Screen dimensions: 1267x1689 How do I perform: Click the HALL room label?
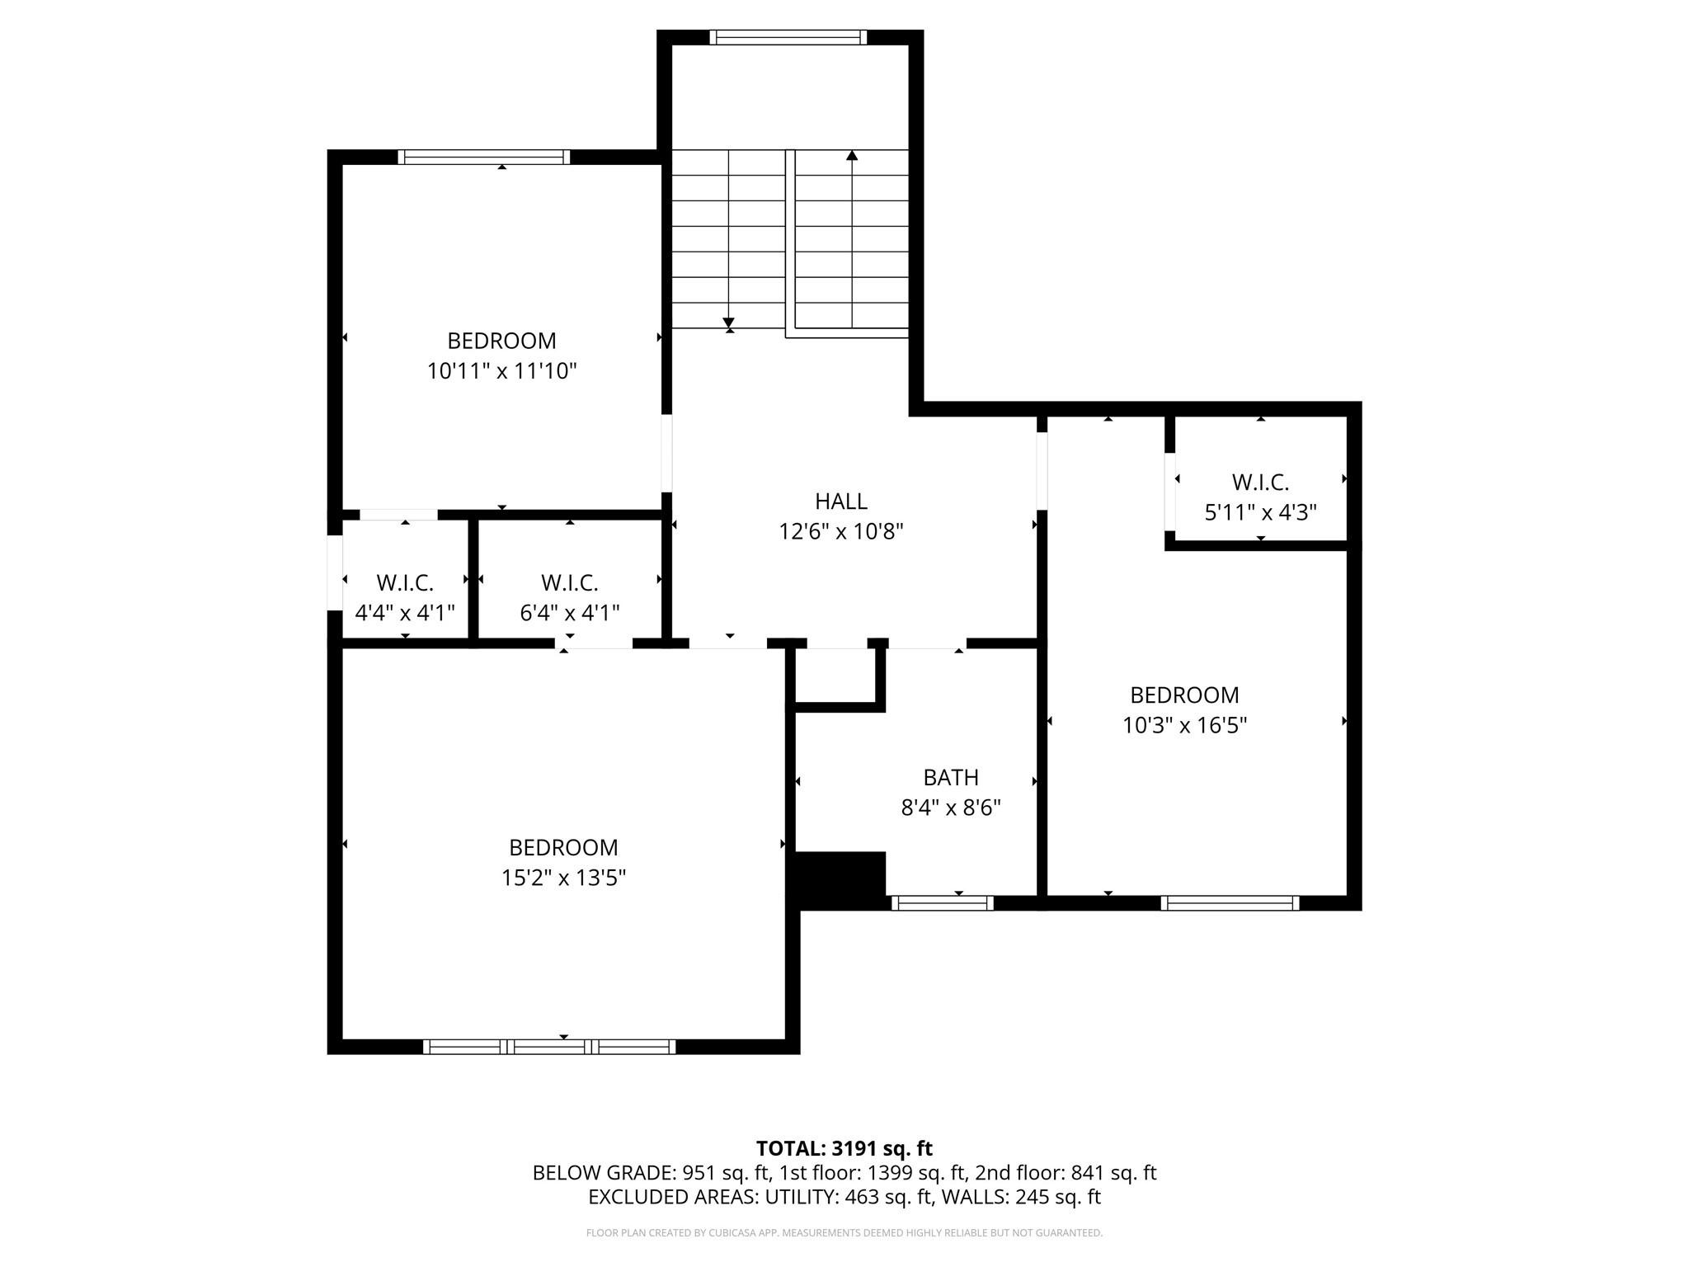click(840, 502)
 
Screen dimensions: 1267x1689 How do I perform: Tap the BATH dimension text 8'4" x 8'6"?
click(950, 808)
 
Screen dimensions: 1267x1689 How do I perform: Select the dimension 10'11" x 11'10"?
click(501, 371)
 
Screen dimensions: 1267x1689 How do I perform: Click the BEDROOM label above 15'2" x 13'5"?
click(563, 848)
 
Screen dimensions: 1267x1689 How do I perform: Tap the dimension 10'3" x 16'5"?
click(1184, 726)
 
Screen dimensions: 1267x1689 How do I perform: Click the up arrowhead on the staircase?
click(852, 156)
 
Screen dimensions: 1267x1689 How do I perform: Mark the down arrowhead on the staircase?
click(728, 323)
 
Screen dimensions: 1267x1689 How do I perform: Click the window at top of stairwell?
click(788, 37)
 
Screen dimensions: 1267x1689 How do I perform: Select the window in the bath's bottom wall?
click(943, 903)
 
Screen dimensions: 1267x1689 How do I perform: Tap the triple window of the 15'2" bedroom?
click(549, 1047)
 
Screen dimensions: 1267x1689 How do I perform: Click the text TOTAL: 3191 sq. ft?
click(844, 1148)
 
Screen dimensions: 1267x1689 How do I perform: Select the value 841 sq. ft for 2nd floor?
click(1113, 1173)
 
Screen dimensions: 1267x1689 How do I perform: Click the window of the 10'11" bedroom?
click(483, 157)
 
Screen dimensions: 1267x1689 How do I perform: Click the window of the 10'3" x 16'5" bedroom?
click(1230, 903)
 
